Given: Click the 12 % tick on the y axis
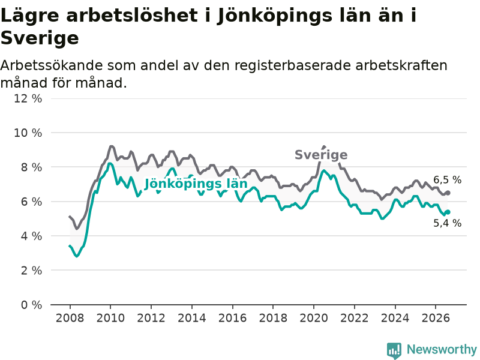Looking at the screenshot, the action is pyautogui.click(x=28, y=98).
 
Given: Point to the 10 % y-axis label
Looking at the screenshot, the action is pyautogui.click(x=28, y=133).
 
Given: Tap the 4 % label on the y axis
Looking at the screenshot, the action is pyautogui.click(x=32, y=236).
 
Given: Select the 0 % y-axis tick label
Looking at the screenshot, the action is pyautogui.click(x=32, y=305).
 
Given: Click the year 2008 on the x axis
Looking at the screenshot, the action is pyautogui.click(x=70, y=318).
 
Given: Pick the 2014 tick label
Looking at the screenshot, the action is pyautogui.click(x=192, y=318).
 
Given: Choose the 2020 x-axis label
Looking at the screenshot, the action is pyautogui.click(x=314, y=318).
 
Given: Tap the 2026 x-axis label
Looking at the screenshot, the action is pyautogui.click(x=436, y=318).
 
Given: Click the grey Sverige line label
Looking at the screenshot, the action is pyautogui.click(x=321, y=155).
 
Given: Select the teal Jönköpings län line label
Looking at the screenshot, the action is pyautogui.click(x=196, y=184).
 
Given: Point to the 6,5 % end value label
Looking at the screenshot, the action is pyautogui.click(x=447, y=180).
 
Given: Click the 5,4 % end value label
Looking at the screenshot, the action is pyautogui.click(x=447, y=223).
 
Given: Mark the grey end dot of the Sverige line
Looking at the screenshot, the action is pyautogui.click(x=448, y=193).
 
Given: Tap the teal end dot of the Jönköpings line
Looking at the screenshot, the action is pyautogui.click(x=448, y=212).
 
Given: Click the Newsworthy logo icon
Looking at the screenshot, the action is pyautogui.click(x=394, y=350).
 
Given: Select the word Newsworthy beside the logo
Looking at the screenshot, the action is pyautogui.click(x=442, y=349).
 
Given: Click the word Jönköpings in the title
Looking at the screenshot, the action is pyautogui.click(x=275, y=16).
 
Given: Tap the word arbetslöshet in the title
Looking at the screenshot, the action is pyautogui.click(x=132, y=15).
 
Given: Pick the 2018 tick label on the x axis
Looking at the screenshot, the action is pyautogui.click(x=273, y=318).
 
